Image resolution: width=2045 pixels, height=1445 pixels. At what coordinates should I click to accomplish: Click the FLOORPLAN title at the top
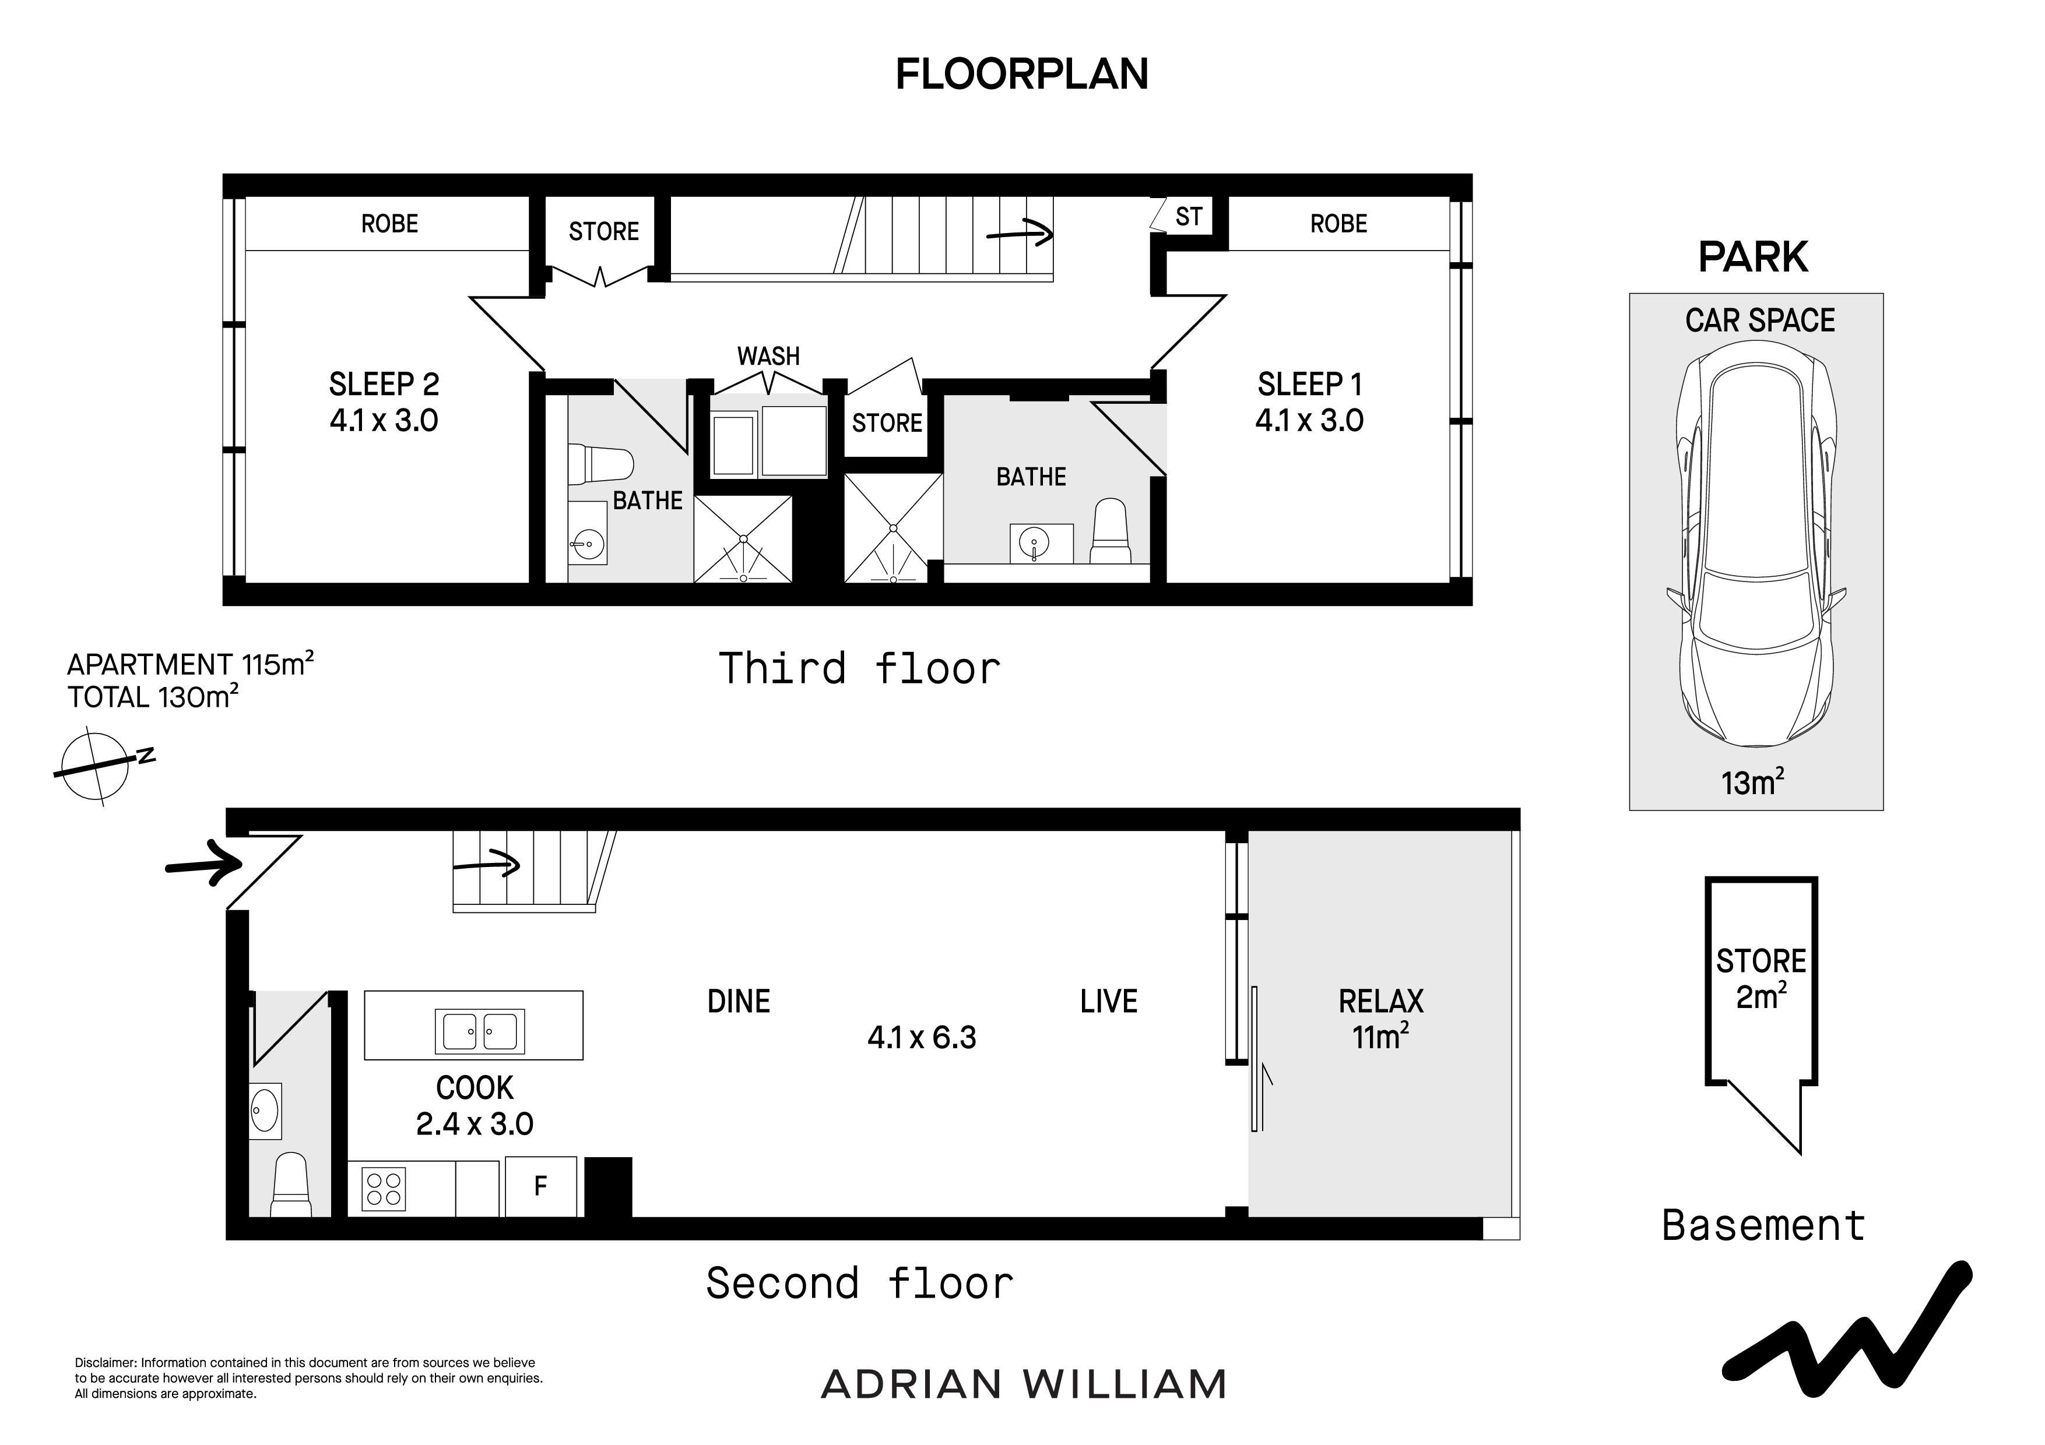click(1021, 74)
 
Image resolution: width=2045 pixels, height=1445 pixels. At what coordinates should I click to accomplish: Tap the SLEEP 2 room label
click(384, 385)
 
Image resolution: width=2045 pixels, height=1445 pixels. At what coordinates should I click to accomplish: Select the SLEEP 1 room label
click(1309, 385)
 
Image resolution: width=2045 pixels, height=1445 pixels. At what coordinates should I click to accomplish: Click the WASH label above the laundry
click(769, 356)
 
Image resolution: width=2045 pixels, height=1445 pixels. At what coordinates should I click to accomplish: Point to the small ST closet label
click(1189, 216)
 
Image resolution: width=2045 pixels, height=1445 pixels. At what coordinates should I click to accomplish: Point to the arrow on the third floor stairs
click(1020, 234)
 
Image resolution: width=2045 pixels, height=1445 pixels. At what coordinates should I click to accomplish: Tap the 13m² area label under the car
click(1753, 782)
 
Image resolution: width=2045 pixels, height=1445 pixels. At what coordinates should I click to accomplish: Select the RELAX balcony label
click(1380, 1002)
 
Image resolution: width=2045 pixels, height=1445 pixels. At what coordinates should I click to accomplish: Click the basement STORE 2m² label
click(1761, 978)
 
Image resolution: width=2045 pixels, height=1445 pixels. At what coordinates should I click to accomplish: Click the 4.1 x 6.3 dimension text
click(922, 1037)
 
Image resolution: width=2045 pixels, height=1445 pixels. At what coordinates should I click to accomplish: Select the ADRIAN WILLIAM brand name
click(1024, 1384)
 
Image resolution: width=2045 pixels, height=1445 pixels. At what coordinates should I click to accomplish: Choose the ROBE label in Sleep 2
click(389, 224)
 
